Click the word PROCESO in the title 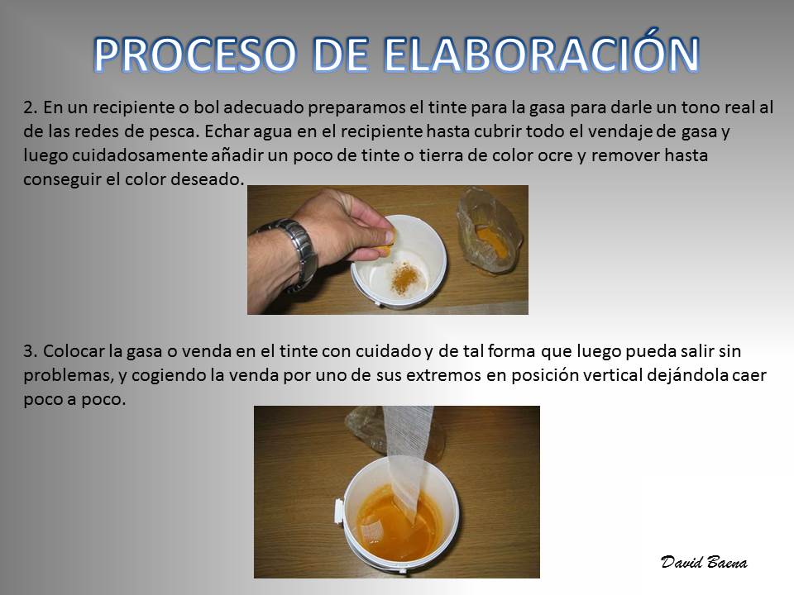click(x=194, y=55)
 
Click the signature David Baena click(x=704, y=562)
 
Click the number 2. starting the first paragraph click(x=31, y=107)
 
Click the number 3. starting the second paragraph click(x=31, y=351)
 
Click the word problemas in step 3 click(x=67, y=375)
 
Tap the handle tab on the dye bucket click(x=339, y=511)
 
